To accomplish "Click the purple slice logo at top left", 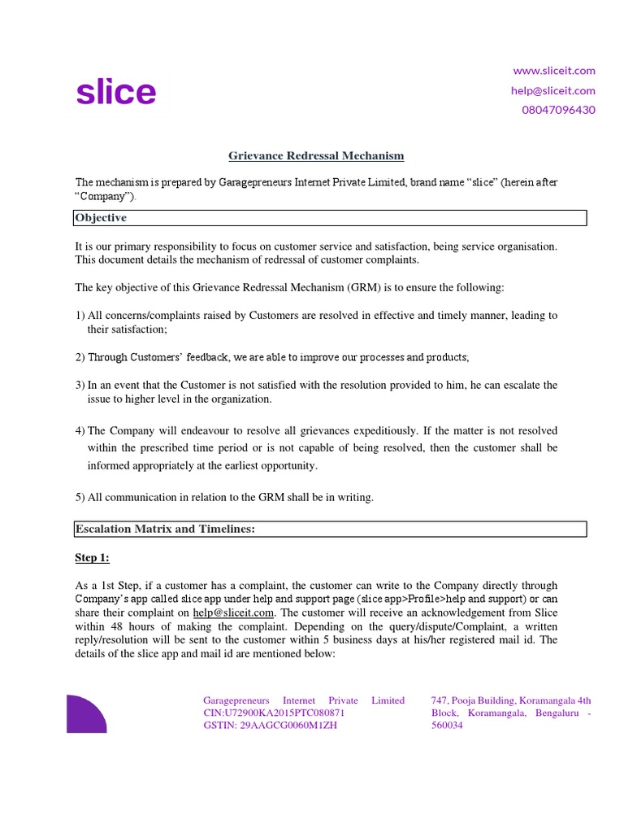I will (x=115, y=93).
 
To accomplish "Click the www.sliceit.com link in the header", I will (x=554, y=71).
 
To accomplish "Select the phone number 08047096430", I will (x=557, y=110).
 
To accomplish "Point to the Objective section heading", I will (x=101, y=218).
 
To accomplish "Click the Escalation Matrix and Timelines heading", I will (x=165, y=530).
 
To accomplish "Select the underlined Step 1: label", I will (x=92, y=558).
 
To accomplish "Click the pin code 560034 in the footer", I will (x=446, y=726).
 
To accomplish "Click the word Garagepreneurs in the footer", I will (x=236, y=700).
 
